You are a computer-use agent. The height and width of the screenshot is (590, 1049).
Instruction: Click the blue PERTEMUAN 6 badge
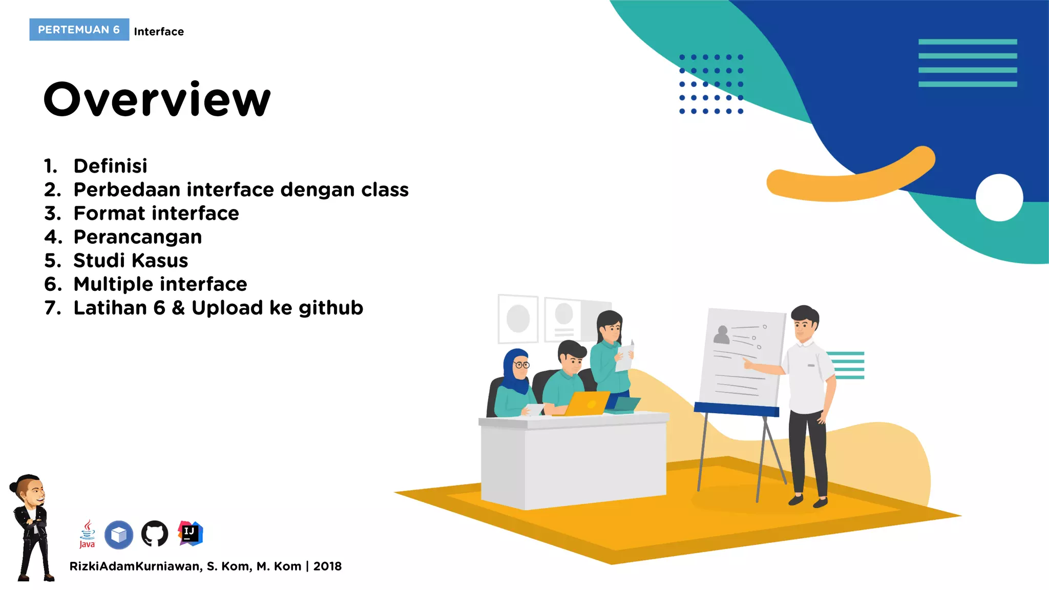(x=79, y=30)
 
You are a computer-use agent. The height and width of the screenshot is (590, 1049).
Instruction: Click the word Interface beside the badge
(x=159, y=32)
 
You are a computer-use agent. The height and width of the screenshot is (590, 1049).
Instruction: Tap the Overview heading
(x=157, y=99)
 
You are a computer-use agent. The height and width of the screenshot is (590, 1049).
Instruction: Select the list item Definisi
(x=110, y=166)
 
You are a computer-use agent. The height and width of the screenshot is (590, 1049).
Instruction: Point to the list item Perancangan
(x=137, y=237)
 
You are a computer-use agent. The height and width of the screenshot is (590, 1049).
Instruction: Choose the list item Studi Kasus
(x=131, y=260)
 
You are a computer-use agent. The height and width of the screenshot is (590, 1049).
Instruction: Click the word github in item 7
(x=330, y=308)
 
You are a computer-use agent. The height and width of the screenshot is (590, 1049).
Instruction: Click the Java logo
(x=87, y=534)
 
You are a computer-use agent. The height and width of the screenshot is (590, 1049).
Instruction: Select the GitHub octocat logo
(x=154, y=534)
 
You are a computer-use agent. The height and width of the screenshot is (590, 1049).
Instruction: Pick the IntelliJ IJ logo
(x=190, y=534)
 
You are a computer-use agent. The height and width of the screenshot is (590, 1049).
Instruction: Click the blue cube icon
(x=119, y=535)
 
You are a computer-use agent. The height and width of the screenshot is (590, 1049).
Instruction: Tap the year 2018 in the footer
(x=327, y=566)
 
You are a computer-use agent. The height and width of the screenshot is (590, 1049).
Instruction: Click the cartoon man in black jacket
(x=32, y=528)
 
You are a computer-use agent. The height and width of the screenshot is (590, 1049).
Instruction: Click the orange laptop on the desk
(x=588, y=403)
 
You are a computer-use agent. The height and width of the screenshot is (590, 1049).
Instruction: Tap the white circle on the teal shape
(x=999, y=198)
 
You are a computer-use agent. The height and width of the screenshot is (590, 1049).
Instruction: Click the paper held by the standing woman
(x=624, y=357)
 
